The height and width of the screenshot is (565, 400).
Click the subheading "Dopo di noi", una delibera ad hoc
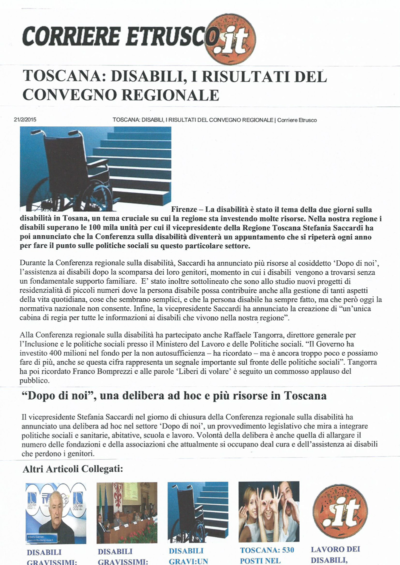[174, 396]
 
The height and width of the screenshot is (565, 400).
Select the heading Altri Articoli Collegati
[73, 470]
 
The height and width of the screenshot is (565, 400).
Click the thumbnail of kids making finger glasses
[268, 512]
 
